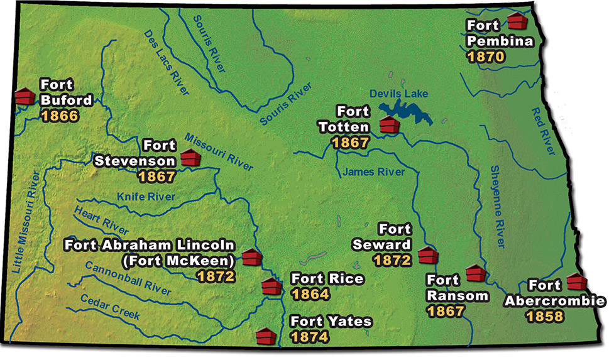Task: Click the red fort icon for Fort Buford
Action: point(25,97)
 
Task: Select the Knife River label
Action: point(145,197)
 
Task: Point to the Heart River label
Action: point(101,220)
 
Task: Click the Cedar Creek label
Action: point(109,307)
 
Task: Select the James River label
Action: point(373,172)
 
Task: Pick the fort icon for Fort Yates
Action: point(266,335)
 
